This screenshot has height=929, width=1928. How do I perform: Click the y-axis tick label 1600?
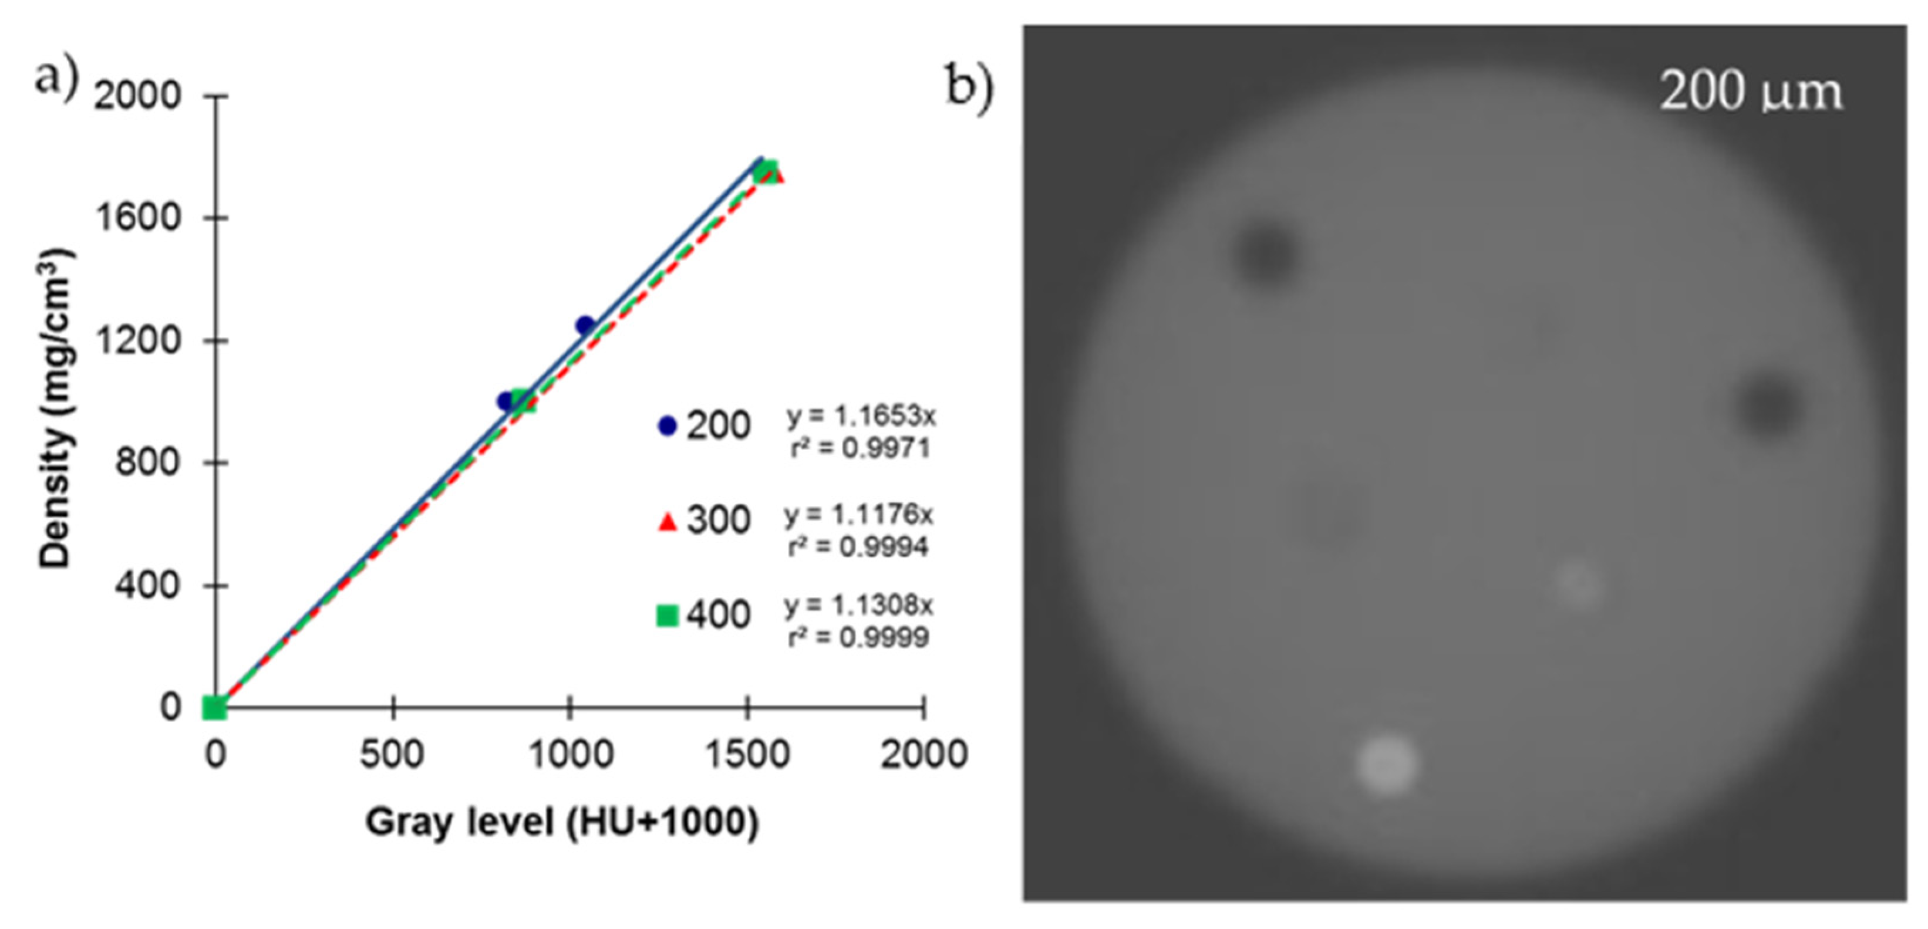(138, 218)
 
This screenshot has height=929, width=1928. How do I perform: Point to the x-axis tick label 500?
(392, 754)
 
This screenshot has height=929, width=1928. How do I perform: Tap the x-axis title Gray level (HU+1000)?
(562, 822)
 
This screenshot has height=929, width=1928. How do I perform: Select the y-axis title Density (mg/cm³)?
(56, 410)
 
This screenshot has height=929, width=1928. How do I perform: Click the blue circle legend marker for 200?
(667, 425)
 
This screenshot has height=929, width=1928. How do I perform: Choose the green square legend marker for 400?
(667, 616)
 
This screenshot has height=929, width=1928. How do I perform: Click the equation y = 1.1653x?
(861, 417)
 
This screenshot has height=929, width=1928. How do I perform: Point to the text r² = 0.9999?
(858, 637)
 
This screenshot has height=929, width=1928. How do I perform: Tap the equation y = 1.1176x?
(858, 515)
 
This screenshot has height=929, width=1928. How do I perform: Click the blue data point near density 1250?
(585, 325)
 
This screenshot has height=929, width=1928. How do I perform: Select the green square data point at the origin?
(215, 707)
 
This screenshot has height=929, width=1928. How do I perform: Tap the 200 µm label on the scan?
(1751, 93)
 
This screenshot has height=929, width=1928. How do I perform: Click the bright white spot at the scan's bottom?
(1386, 765)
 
